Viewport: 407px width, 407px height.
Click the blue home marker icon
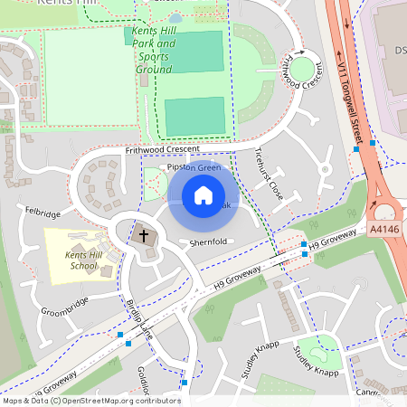coord(203,194)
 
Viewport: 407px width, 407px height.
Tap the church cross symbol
coord(142,237)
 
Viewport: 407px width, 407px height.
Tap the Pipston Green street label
coord(190,167)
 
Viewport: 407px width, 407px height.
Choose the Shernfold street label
coord(208,242)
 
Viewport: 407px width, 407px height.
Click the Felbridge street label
coord(43,213)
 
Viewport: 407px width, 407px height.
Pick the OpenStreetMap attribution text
coord(91,400)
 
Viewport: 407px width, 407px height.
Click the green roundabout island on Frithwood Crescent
coord(302,67)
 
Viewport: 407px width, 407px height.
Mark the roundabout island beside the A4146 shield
coord(386,212)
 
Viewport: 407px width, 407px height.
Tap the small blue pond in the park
coord(175,17)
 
